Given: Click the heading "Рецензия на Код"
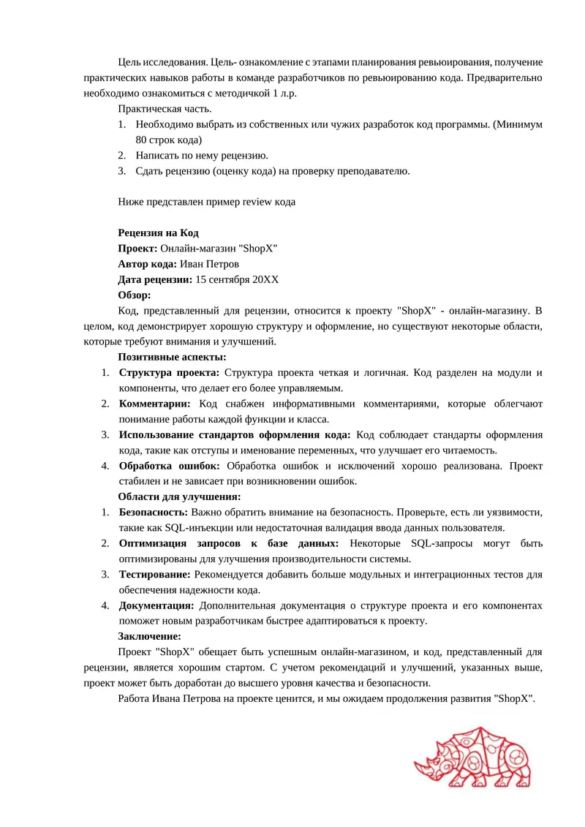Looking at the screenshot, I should click(x=158, y=233).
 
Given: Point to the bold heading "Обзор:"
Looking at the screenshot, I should click(x=135, y=295).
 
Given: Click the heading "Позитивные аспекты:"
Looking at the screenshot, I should click(x=172, y=357).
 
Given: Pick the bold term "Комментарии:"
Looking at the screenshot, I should click(x=154, y=404).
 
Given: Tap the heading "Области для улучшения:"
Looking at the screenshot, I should click(x=179, y=496).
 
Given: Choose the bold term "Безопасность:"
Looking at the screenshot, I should click(x=154, y=512).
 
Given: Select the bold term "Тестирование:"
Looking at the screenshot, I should click(x=154, y=574).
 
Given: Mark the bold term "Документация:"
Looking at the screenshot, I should click(x=156, y=605).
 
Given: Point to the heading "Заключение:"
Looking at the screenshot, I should click(x=149, y=636).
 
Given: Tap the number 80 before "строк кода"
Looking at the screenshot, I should click(x=142, y=139).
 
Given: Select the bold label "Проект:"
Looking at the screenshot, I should click(x=137, y=248).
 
